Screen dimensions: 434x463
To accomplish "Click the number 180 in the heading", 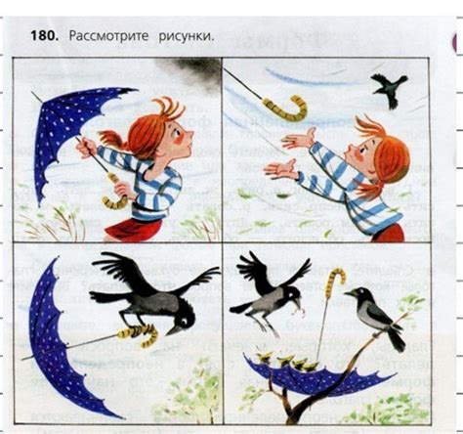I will [x=47, y=35].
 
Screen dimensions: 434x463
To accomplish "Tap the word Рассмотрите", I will [x=107, y=35].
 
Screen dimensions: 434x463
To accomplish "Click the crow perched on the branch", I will [x=374, y=315].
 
